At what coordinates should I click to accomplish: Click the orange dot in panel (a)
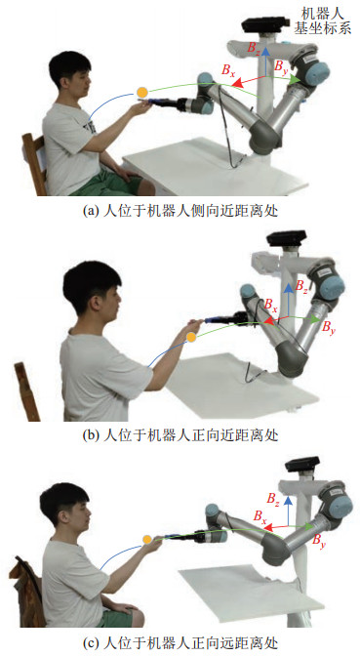point(141,92)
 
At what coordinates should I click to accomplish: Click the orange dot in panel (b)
point(191,337)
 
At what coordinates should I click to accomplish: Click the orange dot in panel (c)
point(146,540)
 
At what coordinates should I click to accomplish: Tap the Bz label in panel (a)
point(254,47)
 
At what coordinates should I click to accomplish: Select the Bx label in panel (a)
point(228,69)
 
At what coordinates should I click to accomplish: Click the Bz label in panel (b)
point(301,287)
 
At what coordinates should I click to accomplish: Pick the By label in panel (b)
point(328,327)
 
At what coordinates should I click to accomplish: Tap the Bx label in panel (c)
point(260,515)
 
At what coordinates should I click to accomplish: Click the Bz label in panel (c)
point(273,498)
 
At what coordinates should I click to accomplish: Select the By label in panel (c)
point(319,539)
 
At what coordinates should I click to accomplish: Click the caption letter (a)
point(90,211)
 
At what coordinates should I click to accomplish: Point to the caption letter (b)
point(90,436)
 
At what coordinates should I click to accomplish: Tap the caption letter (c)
point(90,641)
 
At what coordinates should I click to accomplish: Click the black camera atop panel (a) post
point(263,24)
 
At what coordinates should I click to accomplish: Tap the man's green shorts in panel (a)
point(107,184)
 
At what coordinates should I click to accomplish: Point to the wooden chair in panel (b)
point(26,390)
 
